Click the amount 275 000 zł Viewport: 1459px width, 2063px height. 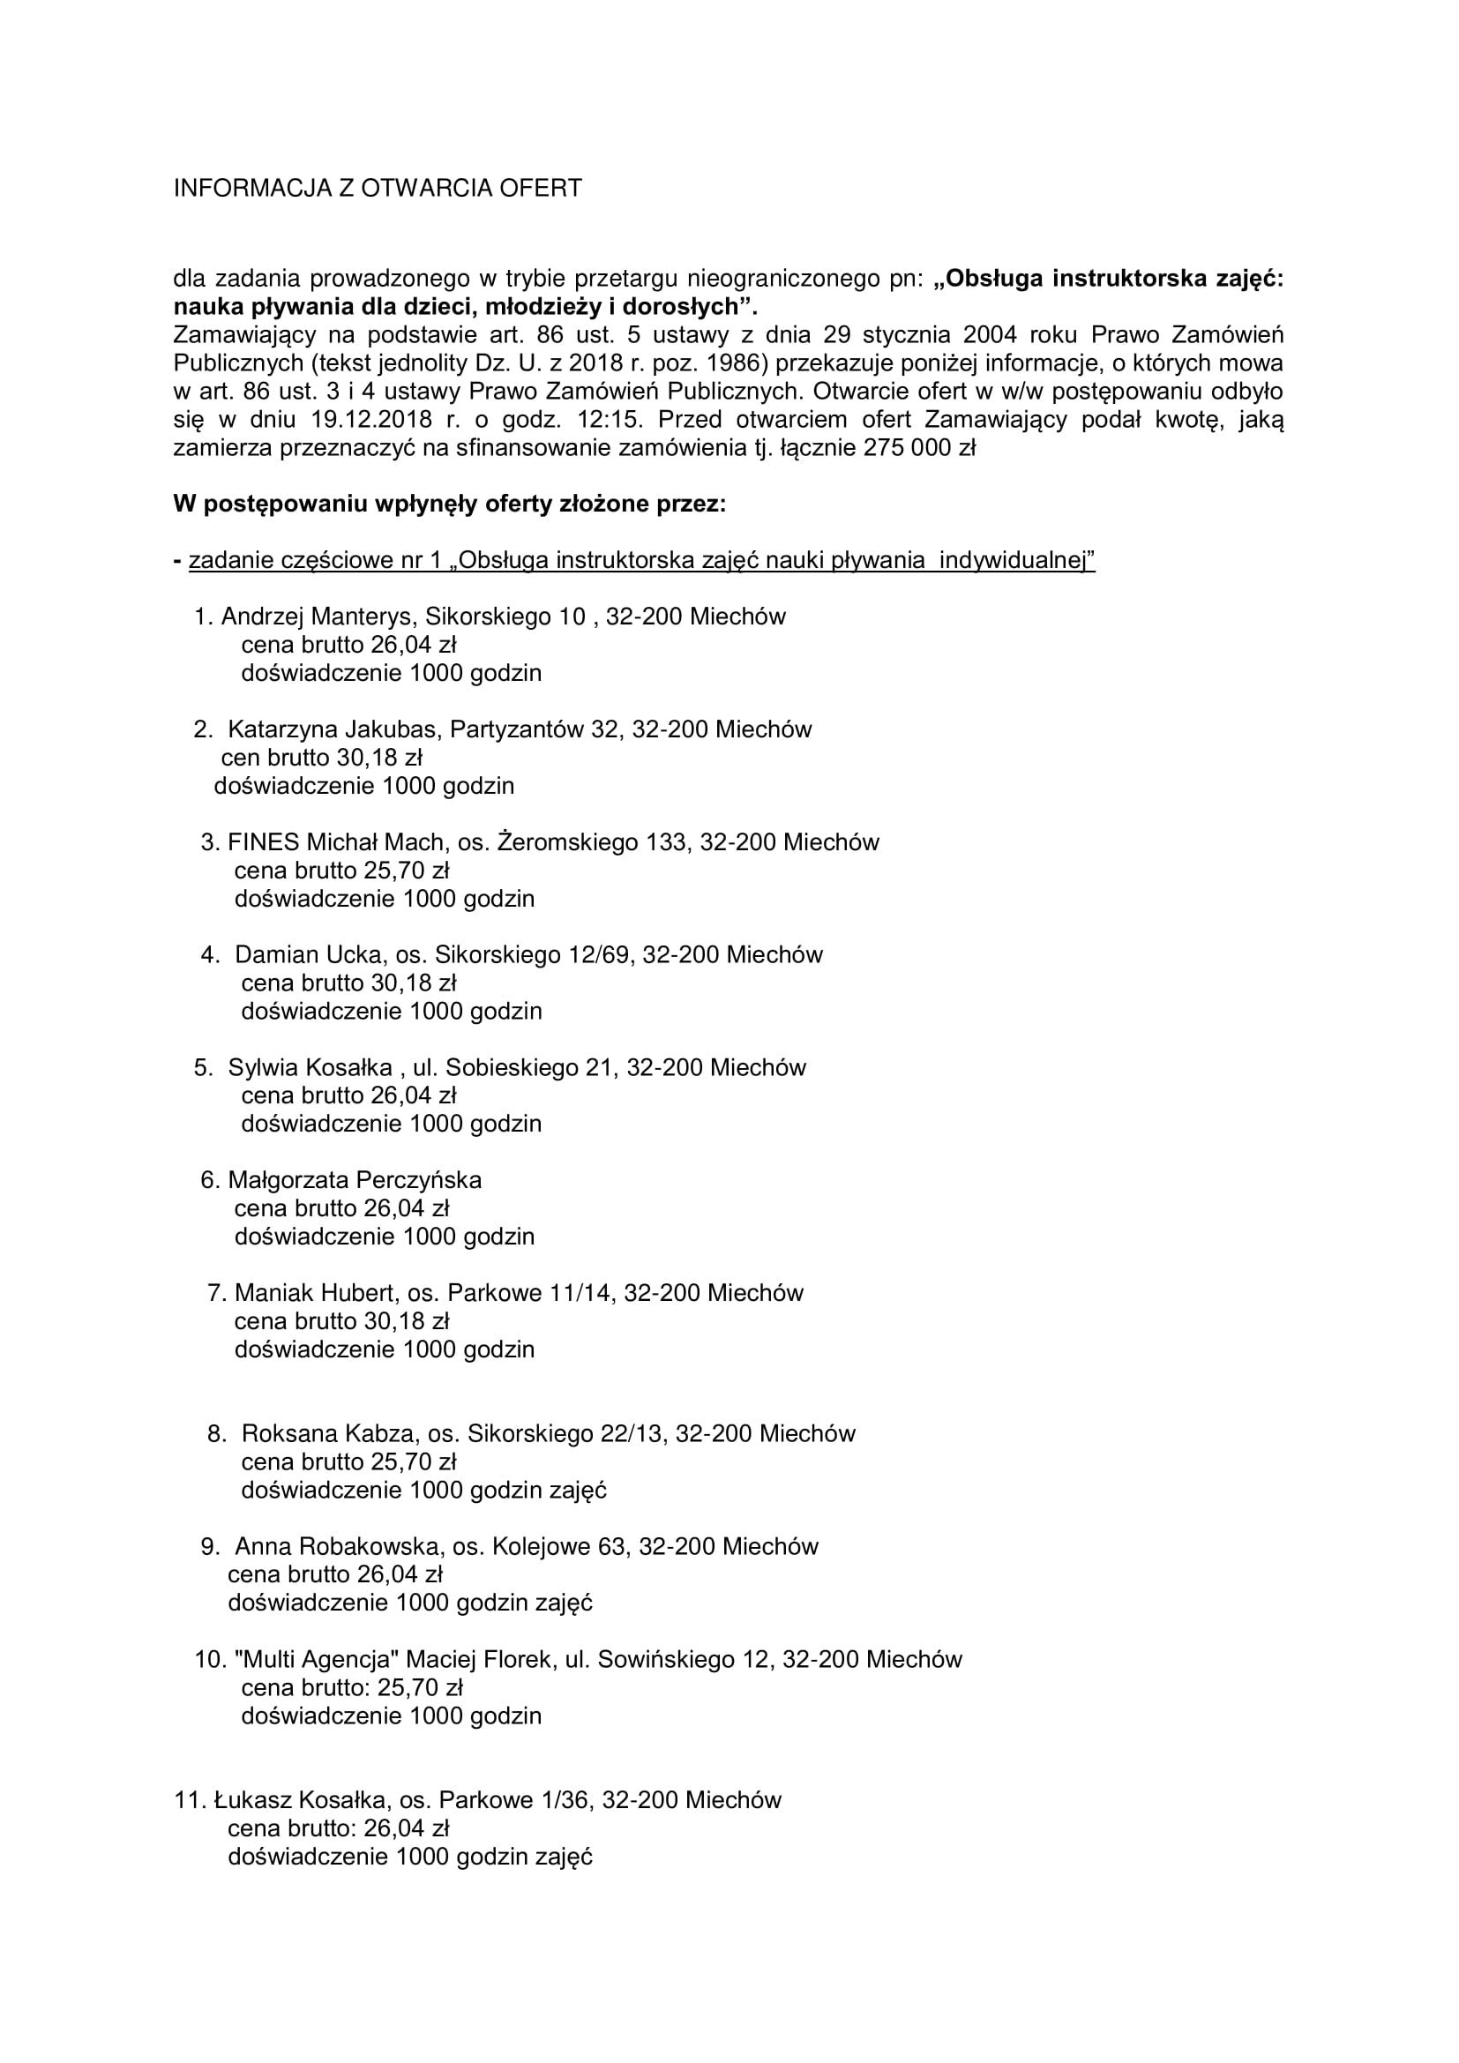(x=918, y=447)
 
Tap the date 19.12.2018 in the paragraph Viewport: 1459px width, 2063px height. (x=374, y=420)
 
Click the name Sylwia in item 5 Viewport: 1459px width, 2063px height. (x=263, y=1067)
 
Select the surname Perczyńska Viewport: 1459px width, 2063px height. (x=419, y=1180)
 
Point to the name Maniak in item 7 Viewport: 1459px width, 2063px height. (x=272, y=1293)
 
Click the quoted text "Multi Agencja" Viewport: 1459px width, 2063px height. (x=315, y=1659)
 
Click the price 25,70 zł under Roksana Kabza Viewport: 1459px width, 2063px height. (x=415, y=1461)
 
